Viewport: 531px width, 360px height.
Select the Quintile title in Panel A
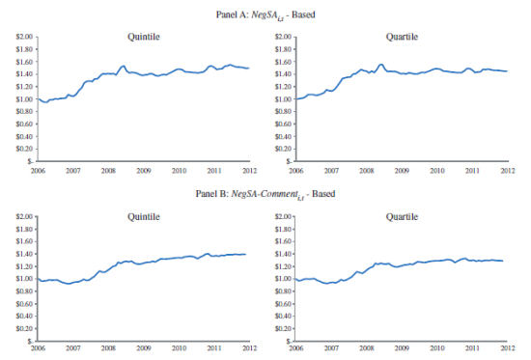[144, 37]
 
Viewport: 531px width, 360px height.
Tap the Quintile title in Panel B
[144, 217]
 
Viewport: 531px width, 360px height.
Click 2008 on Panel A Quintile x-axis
[108, 170]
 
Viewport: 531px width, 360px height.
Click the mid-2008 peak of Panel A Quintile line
[123, 67]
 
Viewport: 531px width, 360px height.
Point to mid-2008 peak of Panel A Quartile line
[381, 65]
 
